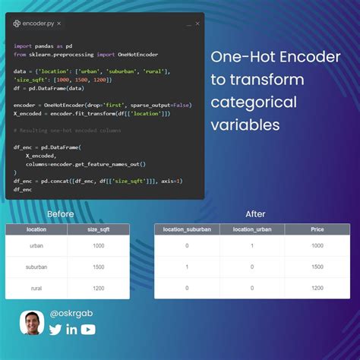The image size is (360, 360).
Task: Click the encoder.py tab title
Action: pyautogui.click(x=37, y=24)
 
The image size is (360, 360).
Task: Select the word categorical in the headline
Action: pyautogui.click(x=250, y=101)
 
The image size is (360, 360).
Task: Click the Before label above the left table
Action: pyautogui.click(x=61, y=214)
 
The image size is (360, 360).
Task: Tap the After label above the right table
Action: pyautogui.click(x=255, y=214)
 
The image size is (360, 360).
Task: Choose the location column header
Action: pyautogui.click(x=36, y=229)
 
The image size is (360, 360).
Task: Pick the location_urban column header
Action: pyautogui.click(x=251, y=229)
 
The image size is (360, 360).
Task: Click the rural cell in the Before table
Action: pyautogui.click(x=36, y=288)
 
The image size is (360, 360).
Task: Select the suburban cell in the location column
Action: pyautogui.click(x=36, y=267)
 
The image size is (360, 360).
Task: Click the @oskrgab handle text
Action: pyautogui.click(x=71, y=312)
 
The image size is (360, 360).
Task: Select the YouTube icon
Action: pyautogui.click(x=89, y=329)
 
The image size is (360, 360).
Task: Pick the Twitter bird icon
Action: pyautogui.click(x=55, y=329)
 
